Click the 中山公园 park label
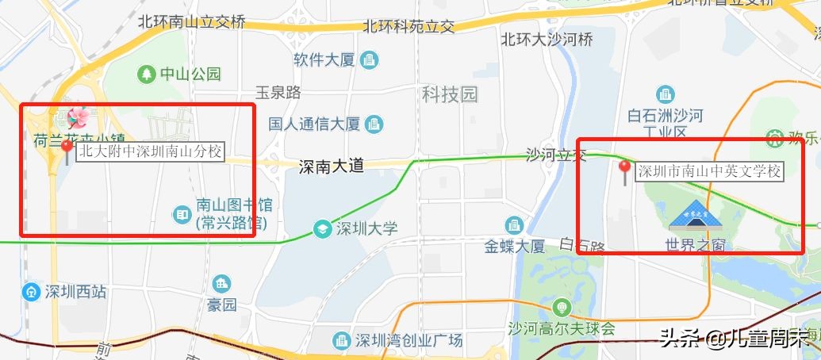(x=190, y=74)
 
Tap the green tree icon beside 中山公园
(x=147, y=74)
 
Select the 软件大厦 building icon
(x=369, y=59)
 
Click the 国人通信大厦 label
(x=314, y=124)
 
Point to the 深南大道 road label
(x=331, y=167)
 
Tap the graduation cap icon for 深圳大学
(x=322, y=228)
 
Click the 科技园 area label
(x=450, y=95)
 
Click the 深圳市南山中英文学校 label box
(x=710, y=171)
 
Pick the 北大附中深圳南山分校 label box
(x=152, y=151)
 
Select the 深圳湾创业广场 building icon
(x=341, y=340)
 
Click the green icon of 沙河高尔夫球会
(x=562, y=307)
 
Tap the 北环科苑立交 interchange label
(x=409, y=26)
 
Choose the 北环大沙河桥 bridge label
(x=547, y=39)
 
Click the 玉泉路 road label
(x=278, y=93)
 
